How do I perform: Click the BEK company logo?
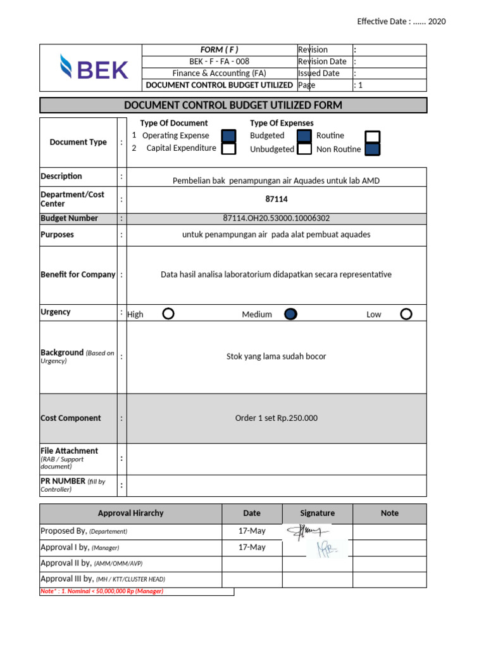94,68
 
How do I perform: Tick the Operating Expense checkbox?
229,136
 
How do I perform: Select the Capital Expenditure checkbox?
229,148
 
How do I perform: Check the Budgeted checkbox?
304,136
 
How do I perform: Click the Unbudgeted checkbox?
304,149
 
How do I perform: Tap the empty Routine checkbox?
373,136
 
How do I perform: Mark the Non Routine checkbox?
373,149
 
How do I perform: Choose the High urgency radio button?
168,314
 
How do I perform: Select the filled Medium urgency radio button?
290,314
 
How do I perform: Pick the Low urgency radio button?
406,314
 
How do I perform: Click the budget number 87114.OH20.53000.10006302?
276,218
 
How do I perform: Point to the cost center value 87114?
276,199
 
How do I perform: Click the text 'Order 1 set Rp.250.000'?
276,418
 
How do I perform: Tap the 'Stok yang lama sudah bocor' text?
276,357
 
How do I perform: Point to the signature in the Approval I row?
327,549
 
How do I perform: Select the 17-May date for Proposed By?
252,531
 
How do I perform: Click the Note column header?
389,513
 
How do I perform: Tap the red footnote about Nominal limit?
102,591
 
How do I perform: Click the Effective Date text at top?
401,22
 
